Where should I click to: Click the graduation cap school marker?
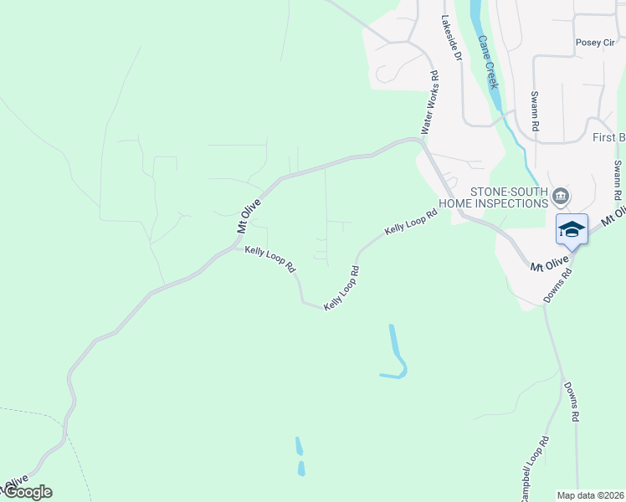[572, 229]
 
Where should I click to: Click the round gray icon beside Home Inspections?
[561, 197]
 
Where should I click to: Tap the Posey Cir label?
[594, 43]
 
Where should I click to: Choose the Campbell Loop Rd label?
[534, 469]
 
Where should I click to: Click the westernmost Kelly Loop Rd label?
[270, 259]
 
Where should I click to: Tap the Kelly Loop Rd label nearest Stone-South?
[412, 221]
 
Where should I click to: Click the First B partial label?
[608, 137]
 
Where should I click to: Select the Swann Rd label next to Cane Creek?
[534, 113]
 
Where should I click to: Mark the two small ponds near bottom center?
[300, 457]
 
